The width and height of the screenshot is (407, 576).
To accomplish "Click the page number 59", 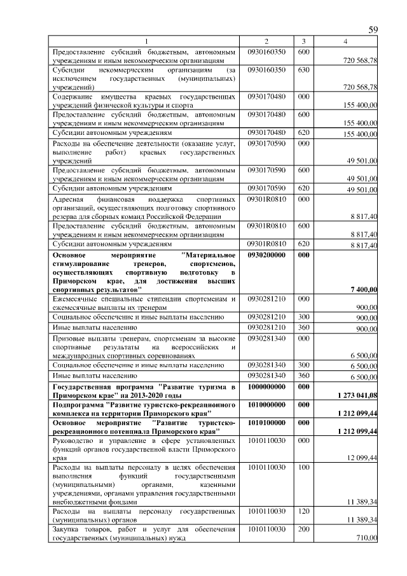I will tap(373, 30).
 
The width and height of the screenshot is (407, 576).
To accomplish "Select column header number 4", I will tap(345, 41).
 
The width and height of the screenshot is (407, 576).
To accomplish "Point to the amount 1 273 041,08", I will tap(356, 395).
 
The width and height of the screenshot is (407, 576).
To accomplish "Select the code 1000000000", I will tap(266, 387).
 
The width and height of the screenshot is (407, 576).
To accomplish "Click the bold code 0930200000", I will tap(266, 255).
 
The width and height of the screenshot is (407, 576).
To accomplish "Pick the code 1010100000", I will tap(266, 423).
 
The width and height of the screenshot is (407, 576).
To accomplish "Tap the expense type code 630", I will tap(303, 69).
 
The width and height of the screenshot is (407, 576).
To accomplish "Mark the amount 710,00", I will tap(366, 538).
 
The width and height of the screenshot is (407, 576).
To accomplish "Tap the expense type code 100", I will tap(303, 467).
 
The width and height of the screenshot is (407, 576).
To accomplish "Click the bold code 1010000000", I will tap(266, 405).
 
